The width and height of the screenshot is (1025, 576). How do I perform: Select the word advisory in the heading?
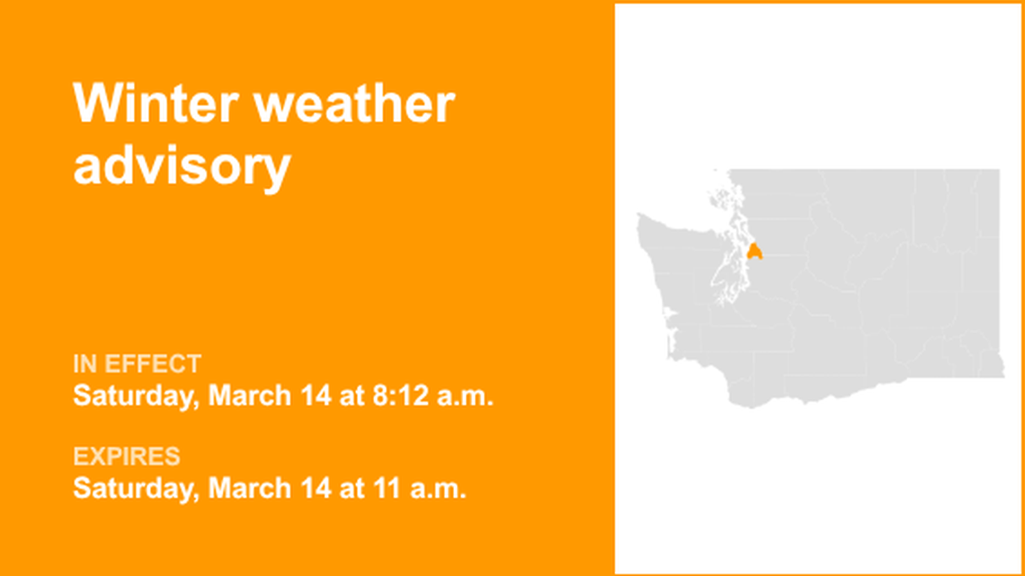pos(182,167)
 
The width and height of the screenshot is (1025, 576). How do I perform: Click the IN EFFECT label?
pos(137,365)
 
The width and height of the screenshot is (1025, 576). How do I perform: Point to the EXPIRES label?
pos(126,457)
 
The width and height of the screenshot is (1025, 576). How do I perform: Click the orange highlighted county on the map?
pos(753,251)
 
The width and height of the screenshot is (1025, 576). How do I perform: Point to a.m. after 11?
pos(441,489)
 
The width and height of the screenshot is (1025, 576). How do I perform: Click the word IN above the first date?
pos(84,365)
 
